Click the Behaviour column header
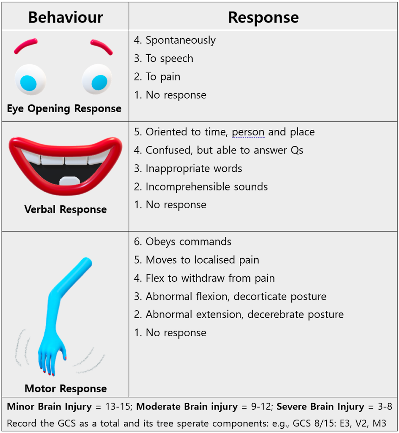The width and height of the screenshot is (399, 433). coord(65,17)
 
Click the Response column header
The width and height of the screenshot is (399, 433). coord(263,17)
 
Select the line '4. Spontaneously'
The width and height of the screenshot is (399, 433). coord(175,40)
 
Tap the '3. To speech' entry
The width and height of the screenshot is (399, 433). coord(163,58)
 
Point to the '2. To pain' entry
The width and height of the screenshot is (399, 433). coord(157,77)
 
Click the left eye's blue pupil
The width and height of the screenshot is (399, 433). coord(28,83)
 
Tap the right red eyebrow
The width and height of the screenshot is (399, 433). coord(101,47)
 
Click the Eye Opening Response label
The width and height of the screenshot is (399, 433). coord(64,109)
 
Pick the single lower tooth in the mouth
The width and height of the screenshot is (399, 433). coord(70,181)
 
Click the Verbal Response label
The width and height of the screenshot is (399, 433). coord(65,209)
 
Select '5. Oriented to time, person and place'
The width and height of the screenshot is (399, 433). coord(224,132)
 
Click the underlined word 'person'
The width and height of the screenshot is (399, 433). coord(248,132)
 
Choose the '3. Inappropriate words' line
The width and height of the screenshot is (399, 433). coord(188,168)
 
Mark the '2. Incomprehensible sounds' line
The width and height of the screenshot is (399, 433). coord(201,187)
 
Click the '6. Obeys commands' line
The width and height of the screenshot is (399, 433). coord(182,242)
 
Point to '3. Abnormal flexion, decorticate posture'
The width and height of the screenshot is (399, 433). coord(230,296)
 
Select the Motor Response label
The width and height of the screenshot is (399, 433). coord(65,389)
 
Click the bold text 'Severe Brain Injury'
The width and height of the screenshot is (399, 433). coord(320,406)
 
